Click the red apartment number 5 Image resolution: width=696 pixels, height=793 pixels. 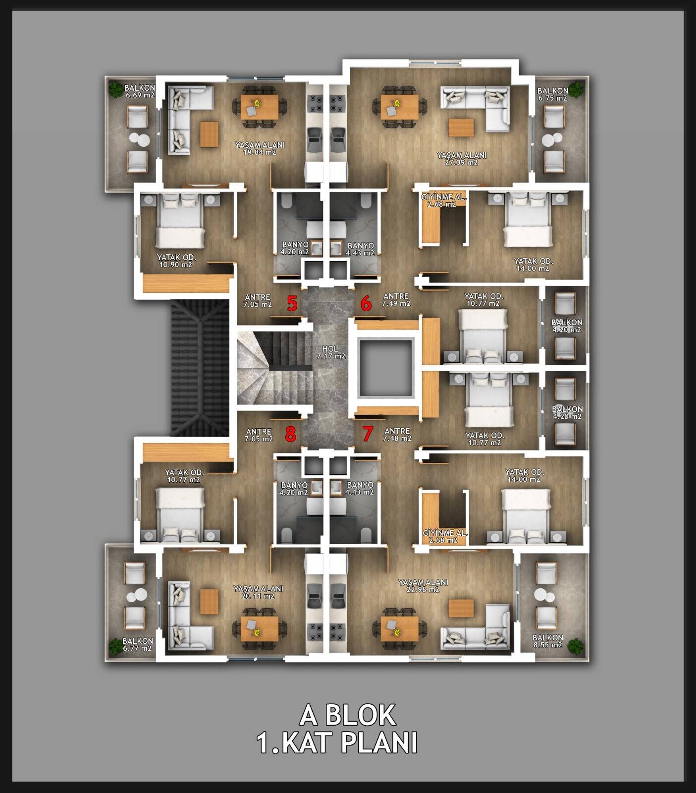click(292, 303)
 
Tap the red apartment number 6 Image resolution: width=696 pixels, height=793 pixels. click(366, 303)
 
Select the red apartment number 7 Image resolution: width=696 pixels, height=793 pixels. click(367, 434)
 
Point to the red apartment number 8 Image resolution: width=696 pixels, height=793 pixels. click(291, 434)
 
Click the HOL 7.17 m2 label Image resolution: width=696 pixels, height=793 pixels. click(331, 352)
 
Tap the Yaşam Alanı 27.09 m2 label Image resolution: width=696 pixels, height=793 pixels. click(462, 159)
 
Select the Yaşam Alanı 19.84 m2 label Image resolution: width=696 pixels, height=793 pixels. click(260, 149)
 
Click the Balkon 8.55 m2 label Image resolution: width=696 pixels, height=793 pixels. click(547, 641)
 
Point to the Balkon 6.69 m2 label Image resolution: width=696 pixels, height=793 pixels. click(140, 91)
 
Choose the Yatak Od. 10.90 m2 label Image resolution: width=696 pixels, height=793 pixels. click(176, 261)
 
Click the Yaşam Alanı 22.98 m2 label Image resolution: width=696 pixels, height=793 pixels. click(423, 586)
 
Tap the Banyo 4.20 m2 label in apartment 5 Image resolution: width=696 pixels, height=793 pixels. click(295, 248)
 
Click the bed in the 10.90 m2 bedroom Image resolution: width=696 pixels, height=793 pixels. click(180, 222)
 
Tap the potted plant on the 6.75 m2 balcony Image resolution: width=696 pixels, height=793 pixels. click(576, 89)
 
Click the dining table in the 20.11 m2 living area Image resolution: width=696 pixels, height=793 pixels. click(260, 628)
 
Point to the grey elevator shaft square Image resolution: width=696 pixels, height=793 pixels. click(386, 367)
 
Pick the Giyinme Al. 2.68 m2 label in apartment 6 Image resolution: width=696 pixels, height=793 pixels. click(444, 200)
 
